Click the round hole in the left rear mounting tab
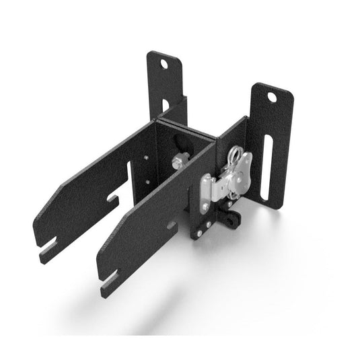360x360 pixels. point(163,65)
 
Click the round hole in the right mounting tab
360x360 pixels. point(272,97)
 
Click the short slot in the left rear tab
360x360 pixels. point(166,105)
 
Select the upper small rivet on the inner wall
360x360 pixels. point(146,159)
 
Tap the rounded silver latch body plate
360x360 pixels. point(235,176)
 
